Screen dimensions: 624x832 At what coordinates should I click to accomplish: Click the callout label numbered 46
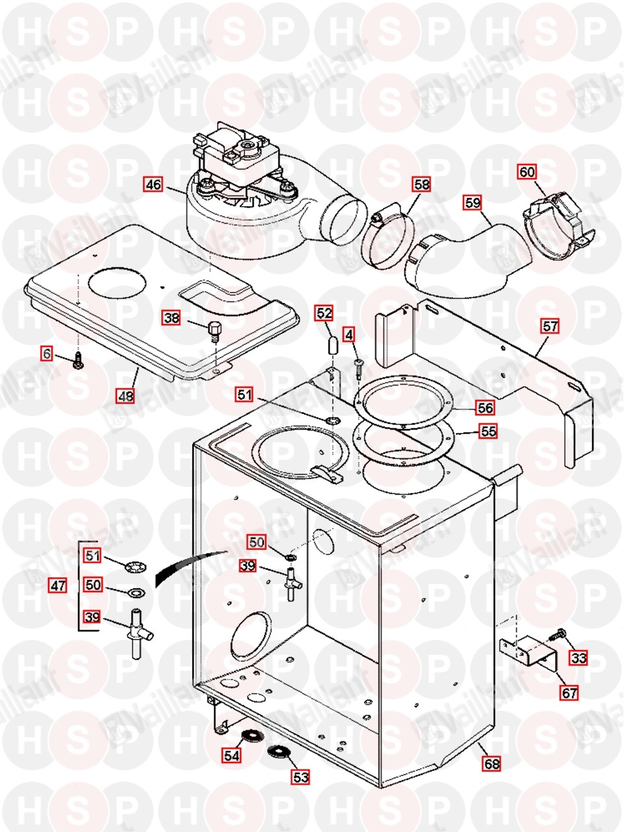pos(153,185)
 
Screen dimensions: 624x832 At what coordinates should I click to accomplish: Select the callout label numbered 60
pos(527,172)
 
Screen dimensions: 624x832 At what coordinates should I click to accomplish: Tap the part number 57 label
pos(550,326)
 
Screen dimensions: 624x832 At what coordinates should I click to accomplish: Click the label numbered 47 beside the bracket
pos(58,586)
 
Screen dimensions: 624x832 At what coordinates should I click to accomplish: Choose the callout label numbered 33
pos(578,658)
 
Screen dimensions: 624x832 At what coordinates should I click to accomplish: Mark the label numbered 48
pos(126,396)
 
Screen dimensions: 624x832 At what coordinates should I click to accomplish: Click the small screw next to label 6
pos(79,359)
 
